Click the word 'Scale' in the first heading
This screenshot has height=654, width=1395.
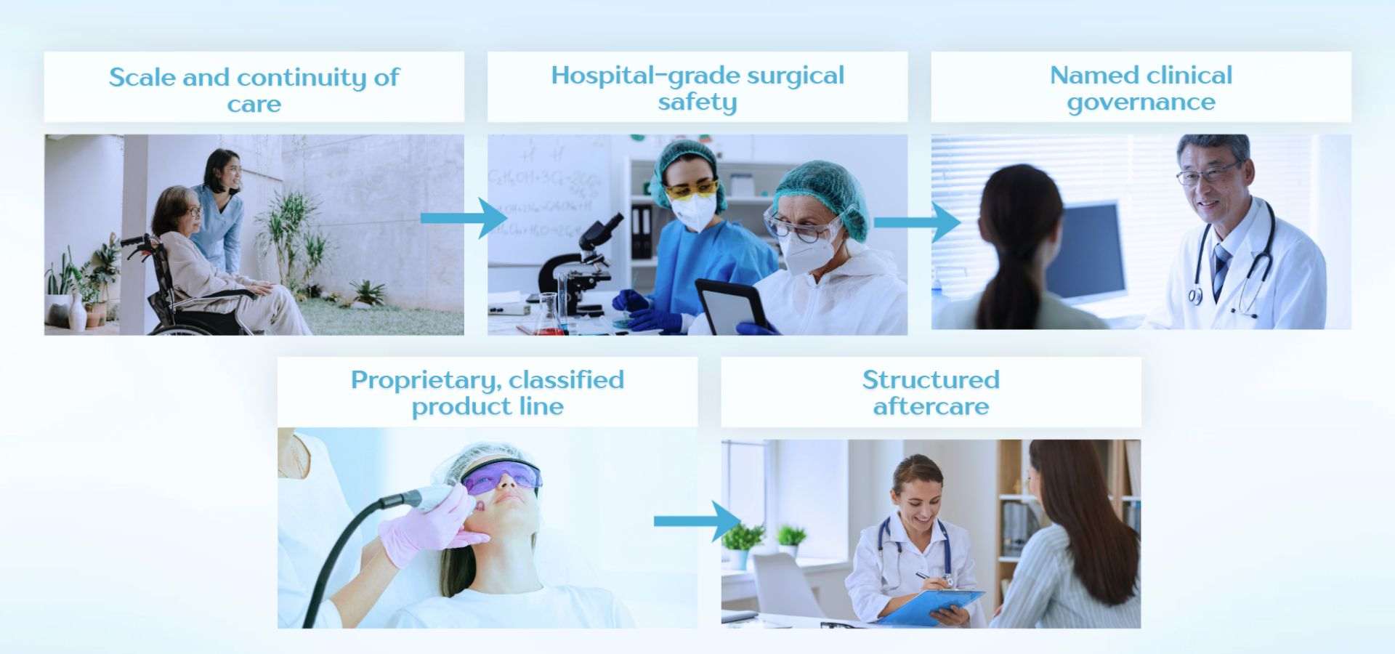tap(142, 77)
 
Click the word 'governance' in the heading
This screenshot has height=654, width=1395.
tap(1141, 102)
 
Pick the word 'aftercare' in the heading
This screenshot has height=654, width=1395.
tap(931, 406)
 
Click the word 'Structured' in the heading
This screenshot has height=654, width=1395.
tap(931, 379)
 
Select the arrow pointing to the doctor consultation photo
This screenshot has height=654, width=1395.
tap(917, 222)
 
